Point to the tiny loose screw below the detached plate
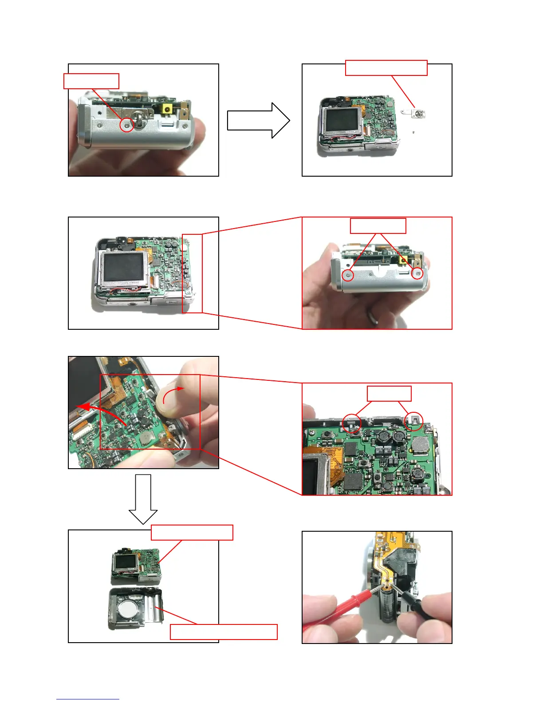(413, 132)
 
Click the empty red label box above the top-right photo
(386, 68)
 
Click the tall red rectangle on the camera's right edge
(192, 273)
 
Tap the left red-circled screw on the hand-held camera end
(349, 275)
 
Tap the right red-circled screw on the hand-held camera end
(417, 274)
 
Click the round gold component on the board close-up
(420, 445)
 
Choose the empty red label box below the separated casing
(224, 632)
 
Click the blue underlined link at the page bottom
(87, 699)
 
